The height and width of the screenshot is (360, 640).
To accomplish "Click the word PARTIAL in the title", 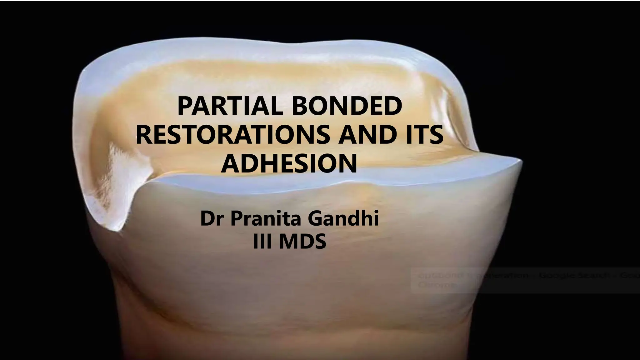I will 230,106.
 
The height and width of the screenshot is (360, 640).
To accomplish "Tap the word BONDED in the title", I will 347,106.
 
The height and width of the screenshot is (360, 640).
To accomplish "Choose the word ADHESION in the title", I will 289,163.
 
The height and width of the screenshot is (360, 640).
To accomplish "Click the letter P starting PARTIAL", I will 184,106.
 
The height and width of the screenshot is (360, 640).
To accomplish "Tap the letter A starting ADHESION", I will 229,163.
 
